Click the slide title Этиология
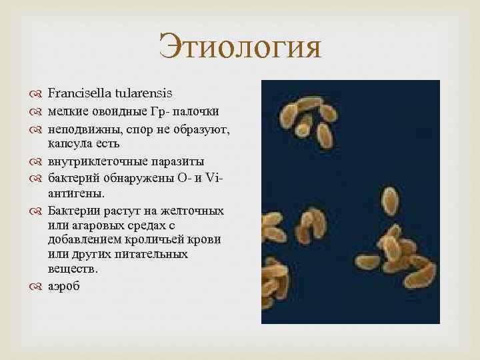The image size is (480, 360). coord(240,49)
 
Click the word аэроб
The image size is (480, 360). coord(64,286)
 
